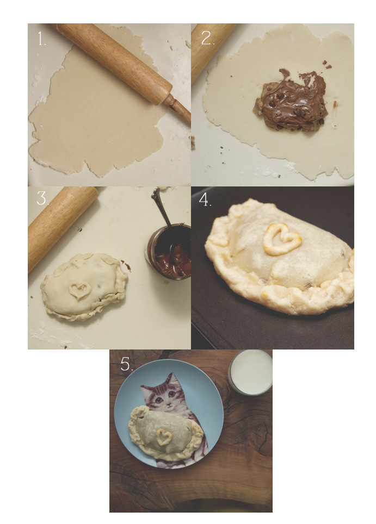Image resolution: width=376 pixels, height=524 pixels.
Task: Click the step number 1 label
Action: pos(41,39)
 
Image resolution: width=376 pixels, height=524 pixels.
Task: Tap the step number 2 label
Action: pos(207,38)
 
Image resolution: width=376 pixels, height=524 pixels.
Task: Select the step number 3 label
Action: pos(42,198)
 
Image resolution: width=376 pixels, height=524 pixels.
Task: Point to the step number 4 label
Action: pos(205,200)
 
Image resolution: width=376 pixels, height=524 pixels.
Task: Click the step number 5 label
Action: pos(127,364)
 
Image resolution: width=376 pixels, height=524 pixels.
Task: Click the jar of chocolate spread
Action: pos(169,251)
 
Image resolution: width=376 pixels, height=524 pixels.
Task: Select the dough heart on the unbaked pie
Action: pos(79,290)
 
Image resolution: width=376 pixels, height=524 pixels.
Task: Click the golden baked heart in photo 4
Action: pos(281,240)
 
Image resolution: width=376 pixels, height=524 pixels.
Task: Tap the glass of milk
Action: pos(250,372)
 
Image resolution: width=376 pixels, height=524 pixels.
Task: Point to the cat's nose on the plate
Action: pos(169,404)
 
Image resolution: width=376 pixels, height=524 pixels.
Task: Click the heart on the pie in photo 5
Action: pos(164,436)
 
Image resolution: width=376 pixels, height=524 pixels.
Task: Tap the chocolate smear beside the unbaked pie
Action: pos(126,265)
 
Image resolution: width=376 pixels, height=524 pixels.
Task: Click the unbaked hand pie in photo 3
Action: pos(84,287)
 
